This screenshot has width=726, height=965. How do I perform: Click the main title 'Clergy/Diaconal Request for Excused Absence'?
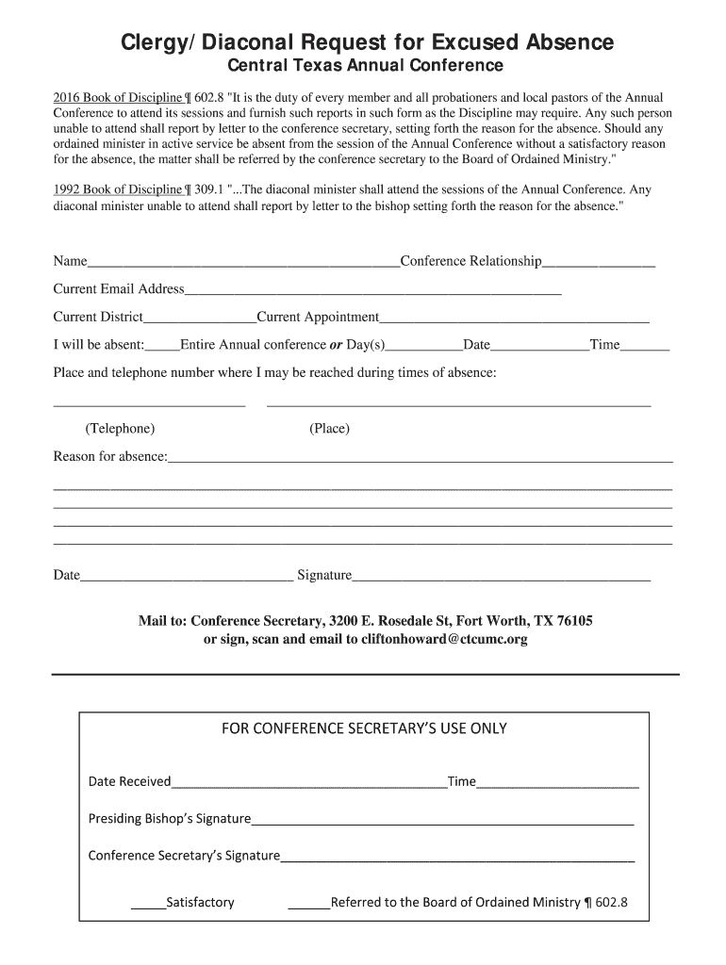click(x=367, y=41)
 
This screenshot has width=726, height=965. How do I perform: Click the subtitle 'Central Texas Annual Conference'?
click(x=367, y=66)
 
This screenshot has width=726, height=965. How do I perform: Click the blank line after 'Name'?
click(x=243, y=262)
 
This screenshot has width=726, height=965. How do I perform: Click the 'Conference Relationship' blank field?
click(x=599, y=262)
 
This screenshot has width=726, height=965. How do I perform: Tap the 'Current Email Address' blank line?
click(x=372, y=290)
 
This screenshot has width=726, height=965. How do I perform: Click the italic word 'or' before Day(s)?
click(x=335, y=345)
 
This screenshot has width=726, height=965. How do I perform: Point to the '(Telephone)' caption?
click(x=120, y=429)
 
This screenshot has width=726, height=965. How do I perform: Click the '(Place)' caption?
click(x=329, y=429)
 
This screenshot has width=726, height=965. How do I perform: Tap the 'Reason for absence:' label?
click(x=110, y=457)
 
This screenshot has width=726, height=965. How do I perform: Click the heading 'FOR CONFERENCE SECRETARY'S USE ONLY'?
click(x=364, y=728)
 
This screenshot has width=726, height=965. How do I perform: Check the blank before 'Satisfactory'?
click(x=148, y=904)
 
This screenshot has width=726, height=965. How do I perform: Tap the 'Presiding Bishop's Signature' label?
click(x=170, y=818)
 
